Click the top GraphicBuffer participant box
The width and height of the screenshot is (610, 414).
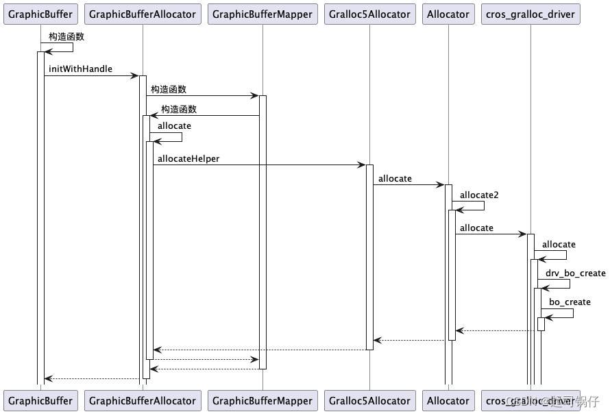(40, 14)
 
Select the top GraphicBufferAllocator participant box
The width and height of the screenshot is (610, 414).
(143, 14)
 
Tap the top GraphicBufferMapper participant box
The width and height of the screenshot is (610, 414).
(263, 14)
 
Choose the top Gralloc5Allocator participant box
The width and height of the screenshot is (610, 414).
(369, 14)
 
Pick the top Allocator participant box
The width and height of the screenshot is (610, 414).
(448, 14)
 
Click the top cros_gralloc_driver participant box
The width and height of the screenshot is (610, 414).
(530, 14)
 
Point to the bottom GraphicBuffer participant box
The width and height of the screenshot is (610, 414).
(40, 401)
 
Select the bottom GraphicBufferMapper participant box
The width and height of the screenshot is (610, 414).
(263, 401)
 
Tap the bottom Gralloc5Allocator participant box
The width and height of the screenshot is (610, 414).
(369, 401)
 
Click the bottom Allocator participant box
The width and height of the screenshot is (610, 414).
(448, 401)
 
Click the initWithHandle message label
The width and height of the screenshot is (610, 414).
(80, 70)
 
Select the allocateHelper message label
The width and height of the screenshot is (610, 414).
(188, 159)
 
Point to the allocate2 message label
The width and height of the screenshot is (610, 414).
(479, 195)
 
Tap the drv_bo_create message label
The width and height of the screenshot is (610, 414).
(575, 273)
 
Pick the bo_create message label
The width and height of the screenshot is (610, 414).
(570, 302)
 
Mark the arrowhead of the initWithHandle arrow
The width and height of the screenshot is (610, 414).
(136, 75)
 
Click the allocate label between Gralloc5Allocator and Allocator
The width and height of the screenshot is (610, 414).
(395, 179)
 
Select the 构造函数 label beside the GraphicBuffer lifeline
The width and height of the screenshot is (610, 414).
(66, 36)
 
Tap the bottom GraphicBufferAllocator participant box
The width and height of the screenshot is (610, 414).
(143, 401)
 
